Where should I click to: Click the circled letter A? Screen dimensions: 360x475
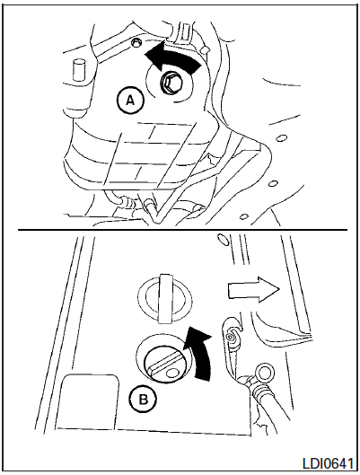coord(130,101)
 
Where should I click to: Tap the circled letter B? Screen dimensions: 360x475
coord(144,400)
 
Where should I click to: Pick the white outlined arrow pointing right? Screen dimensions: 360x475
coord(253,289)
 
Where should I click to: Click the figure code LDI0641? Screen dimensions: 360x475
coord(329,464)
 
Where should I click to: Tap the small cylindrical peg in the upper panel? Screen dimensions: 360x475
coord(78,69)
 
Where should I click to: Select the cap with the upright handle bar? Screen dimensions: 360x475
coord(165,298)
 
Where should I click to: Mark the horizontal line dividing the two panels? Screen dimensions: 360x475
coord(182,230)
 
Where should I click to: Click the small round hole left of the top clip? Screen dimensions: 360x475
coord(136,43)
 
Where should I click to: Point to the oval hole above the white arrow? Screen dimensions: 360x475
coord(223,240)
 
